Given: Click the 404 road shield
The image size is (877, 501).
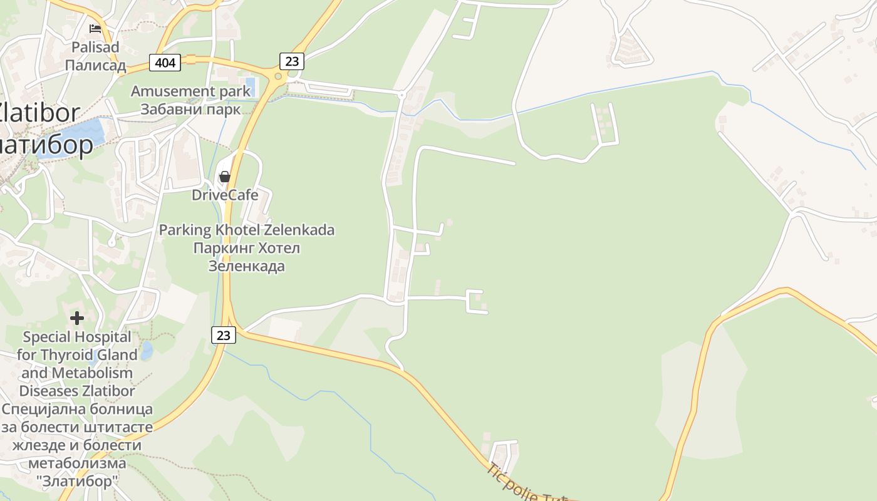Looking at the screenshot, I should pos(165,63).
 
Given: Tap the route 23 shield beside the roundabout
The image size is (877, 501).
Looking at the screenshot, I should pos(291,61).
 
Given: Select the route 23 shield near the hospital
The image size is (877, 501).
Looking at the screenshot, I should pos(224,335).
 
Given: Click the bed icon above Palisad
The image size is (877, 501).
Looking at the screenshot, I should pos(95,28).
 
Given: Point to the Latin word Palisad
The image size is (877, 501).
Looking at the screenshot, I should pos(95,47).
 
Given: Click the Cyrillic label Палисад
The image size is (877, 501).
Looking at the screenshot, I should pos(95,65).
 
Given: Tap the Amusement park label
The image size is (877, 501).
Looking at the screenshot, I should pos(190,91).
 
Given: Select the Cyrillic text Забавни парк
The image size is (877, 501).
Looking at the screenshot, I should pos(190,109).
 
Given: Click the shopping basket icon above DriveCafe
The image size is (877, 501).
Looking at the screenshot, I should pos(224,177).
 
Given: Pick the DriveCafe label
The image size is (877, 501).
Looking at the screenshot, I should pos(225,195).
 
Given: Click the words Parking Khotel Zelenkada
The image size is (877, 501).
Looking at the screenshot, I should pos(246,230).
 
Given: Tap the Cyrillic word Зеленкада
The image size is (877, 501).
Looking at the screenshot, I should pos(246,266).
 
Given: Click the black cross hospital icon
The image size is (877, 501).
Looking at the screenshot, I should pos(77,318).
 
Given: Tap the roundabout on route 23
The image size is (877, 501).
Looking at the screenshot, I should pos(278,76).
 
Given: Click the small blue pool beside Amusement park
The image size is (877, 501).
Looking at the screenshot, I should pos(251,85).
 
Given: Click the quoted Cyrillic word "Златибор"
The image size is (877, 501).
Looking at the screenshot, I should pos(77,482).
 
